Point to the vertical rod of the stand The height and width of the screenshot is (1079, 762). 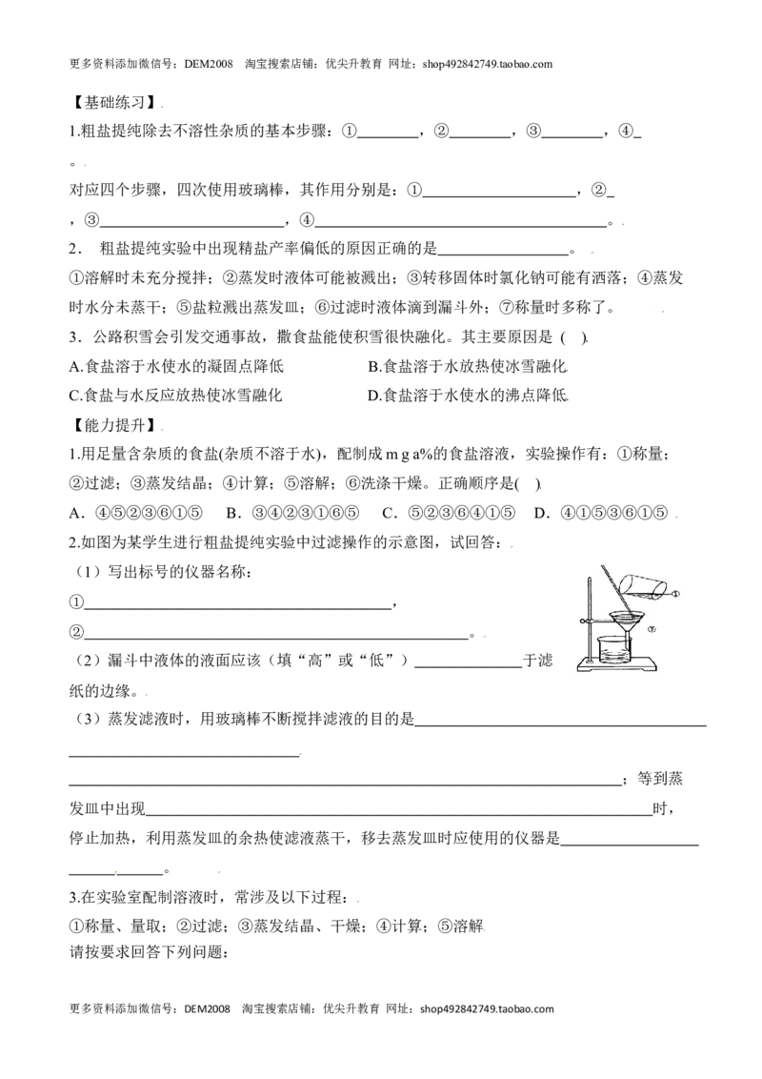click(592, 616)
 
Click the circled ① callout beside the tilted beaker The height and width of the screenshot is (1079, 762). click(676, 593)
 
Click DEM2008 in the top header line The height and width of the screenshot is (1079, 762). click(209, 65)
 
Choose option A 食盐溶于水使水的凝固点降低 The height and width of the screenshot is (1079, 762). click(176, 366)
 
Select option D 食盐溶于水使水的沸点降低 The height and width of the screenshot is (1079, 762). click(468, 396)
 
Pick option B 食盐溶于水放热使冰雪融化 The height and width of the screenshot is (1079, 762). click(468, 366)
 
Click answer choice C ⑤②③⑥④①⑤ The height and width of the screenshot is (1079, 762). click(449, 513)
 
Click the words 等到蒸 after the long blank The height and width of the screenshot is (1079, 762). click(660, 779)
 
